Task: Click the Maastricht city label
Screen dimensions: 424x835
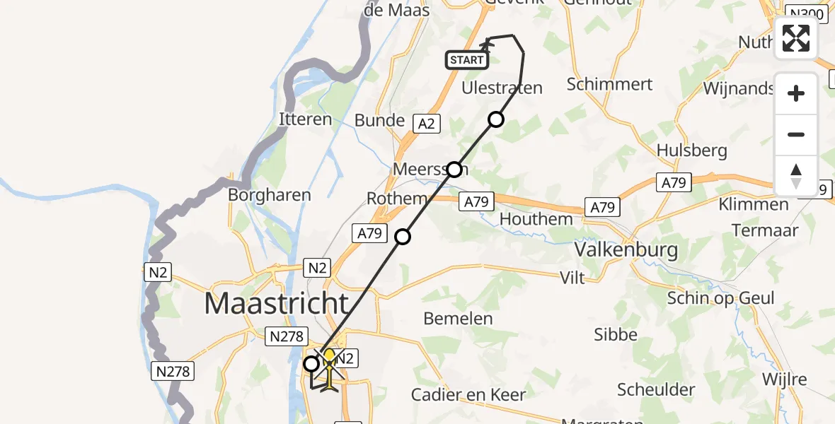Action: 277,304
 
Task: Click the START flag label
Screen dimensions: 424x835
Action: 467,60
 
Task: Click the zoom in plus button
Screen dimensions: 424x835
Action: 796,93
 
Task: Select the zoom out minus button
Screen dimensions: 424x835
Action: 796,134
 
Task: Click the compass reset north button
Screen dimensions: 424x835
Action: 796,175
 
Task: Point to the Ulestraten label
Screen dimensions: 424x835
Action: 502,88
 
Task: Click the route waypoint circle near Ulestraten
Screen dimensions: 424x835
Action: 496,119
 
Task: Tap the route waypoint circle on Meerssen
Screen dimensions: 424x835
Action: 454,170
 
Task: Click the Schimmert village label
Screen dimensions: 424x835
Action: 609,83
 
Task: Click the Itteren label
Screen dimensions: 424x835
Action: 306,119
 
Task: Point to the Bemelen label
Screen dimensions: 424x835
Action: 458,319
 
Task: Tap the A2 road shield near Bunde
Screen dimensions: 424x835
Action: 426,124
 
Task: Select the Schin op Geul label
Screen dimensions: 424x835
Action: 720,298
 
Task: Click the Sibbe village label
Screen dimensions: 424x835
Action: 616,334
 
